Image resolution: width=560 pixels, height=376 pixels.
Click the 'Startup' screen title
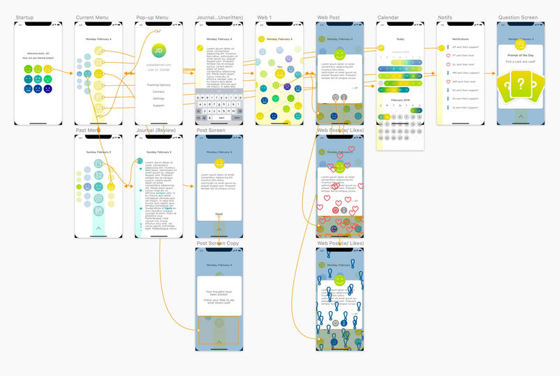(24, 17)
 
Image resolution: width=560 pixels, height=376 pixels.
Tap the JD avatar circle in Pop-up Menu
(159, 51)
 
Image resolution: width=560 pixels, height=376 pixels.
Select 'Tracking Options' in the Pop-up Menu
(159, 84)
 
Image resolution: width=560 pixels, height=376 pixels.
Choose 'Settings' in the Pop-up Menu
(159, 98)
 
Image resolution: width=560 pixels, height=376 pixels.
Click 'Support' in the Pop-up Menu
(159, 105)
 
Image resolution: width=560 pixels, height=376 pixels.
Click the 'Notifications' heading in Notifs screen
(460, 39)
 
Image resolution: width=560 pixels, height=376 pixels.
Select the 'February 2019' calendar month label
(400, 100)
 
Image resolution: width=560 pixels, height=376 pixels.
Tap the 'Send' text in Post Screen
(219, 213)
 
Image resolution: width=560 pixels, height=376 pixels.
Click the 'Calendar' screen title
(388, 17)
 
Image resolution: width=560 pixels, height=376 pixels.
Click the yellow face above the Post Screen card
(219, 162)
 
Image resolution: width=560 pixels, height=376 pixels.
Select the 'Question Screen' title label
(517, 17)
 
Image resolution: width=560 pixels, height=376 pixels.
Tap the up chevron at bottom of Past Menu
(98, 227)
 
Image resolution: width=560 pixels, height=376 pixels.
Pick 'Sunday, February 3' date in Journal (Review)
(159, 151)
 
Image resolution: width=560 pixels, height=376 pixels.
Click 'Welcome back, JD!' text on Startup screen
(38, 53)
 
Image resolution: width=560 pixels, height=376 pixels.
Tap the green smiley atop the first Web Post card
(339, 54)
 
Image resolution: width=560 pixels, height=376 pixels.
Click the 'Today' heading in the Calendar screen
(400, 39)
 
